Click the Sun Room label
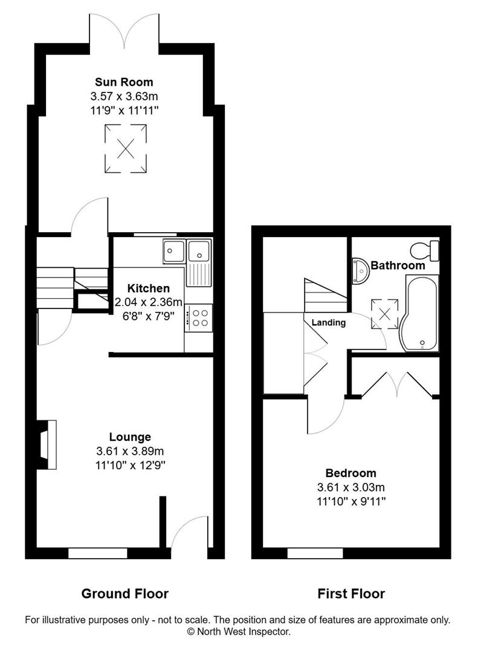tap(124, 82)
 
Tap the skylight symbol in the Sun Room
tap(126, 147)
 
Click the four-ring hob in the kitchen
tap(199, 318)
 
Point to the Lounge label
tap(130, 437)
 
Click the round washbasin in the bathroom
tap(361, 271)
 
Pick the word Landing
tap(329, 322)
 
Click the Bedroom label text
tap(350, 473)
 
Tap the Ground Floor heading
tap(124, 593)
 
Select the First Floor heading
tap(351, 593)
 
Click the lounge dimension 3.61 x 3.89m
tap(130, 451)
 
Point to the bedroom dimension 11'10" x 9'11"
tap(350, 501)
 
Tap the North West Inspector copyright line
tap(239, 632)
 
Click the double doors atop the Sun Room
tap(124, 30)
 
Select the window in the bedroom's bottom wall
tap(315, 553)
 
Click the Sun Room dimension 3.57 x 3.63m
tap(124, 96)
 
